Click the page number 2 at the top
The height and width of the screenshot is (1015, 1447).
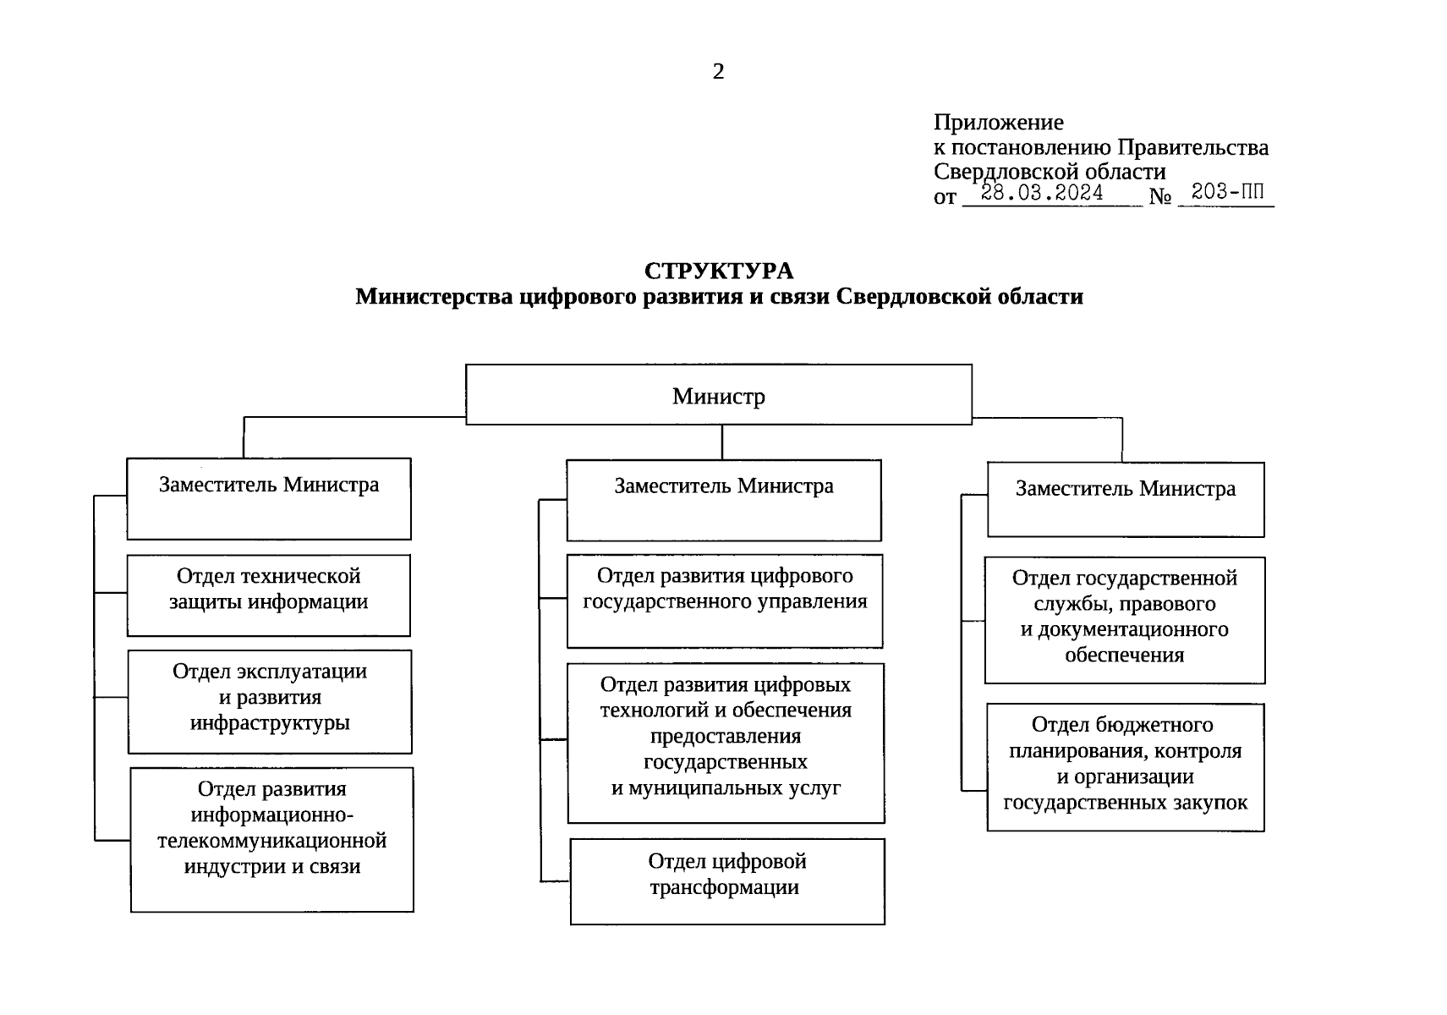pos(718,72)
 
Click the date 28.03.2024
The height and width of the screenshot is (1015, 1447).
pos(1042,193)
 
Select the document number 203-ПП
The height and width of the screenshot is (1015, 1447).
pos(1227,192)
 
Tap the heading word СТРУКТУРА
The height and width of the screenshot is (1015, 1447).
pos(719,271)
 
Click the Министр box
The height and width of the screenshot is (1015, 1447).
pos(719,395)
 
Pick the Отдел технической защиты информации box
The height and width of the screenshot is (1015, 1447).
pos(269,595)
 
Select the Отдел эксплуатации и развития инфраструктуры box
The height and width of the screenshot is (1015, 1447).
pos(270,701)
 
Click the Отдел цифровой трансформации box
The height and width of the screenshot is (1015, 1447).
pos(727,881)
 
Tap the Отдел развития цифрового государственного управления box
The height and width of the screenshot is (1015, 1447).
pos(725,601)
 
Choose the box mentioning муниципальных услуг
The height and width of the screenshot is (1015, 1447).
pos(726,743)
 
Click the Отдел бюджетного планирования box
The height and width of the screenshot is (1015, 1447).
pos(1125,766)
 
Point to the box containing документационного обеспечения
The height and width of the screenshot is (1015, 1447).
pos(1125,620)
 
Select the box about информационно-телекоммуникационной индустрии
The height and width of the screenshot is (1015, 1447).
pos(272,839)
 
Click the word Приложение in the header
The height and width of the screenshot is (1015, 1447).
pos(998,123)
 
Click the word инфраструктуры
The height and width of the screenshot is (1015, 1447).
pos(270,723)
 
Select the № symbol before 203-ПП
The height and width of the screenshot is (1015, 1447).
pos(1160,197)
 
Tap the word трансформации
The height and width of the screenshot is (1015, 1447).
pos(725,887)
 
